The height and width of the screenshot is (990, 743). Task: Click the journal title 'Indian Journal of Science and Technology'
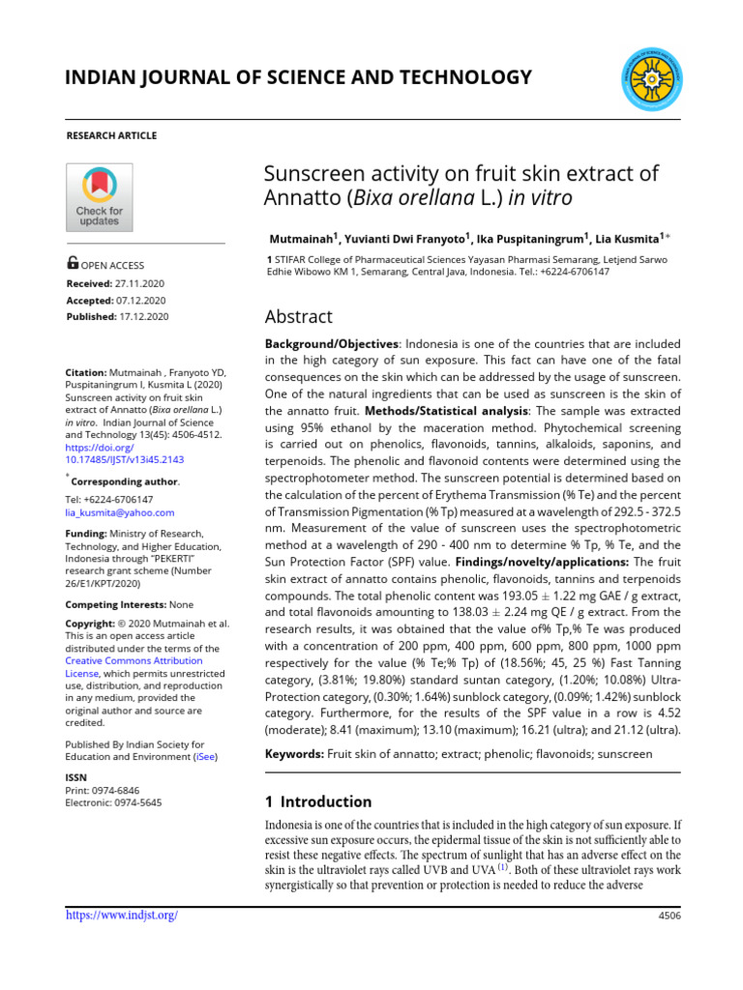pos(298,77)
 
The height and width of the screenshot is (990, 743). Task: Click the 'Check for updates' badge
pos(99,197)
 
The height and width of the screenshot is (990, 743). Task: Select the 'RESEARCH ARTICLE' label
pos(110,135)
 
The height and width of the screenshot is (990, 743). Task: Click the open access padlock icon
pos(73,263)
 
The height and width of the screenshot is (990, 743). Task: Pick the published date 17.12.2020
pos(144,316)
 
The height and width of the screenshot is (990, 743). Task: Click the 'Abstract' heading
pos(299,316)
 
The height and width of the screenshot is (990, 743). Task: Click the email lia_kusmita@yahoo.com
pos(119,512)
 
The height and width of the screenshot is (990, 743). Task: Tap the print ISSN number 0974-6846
pos(120,790)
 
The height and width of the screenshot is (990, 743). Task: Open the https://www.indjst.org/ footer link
pos(121,915)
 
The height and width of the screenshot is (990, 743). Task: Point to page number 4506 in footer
pos(668,916)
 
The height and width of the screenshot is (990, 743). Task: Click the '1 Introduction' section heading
pos(318,801)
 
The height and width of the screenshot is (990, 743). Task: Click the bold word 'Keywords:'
pos(294,753)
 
